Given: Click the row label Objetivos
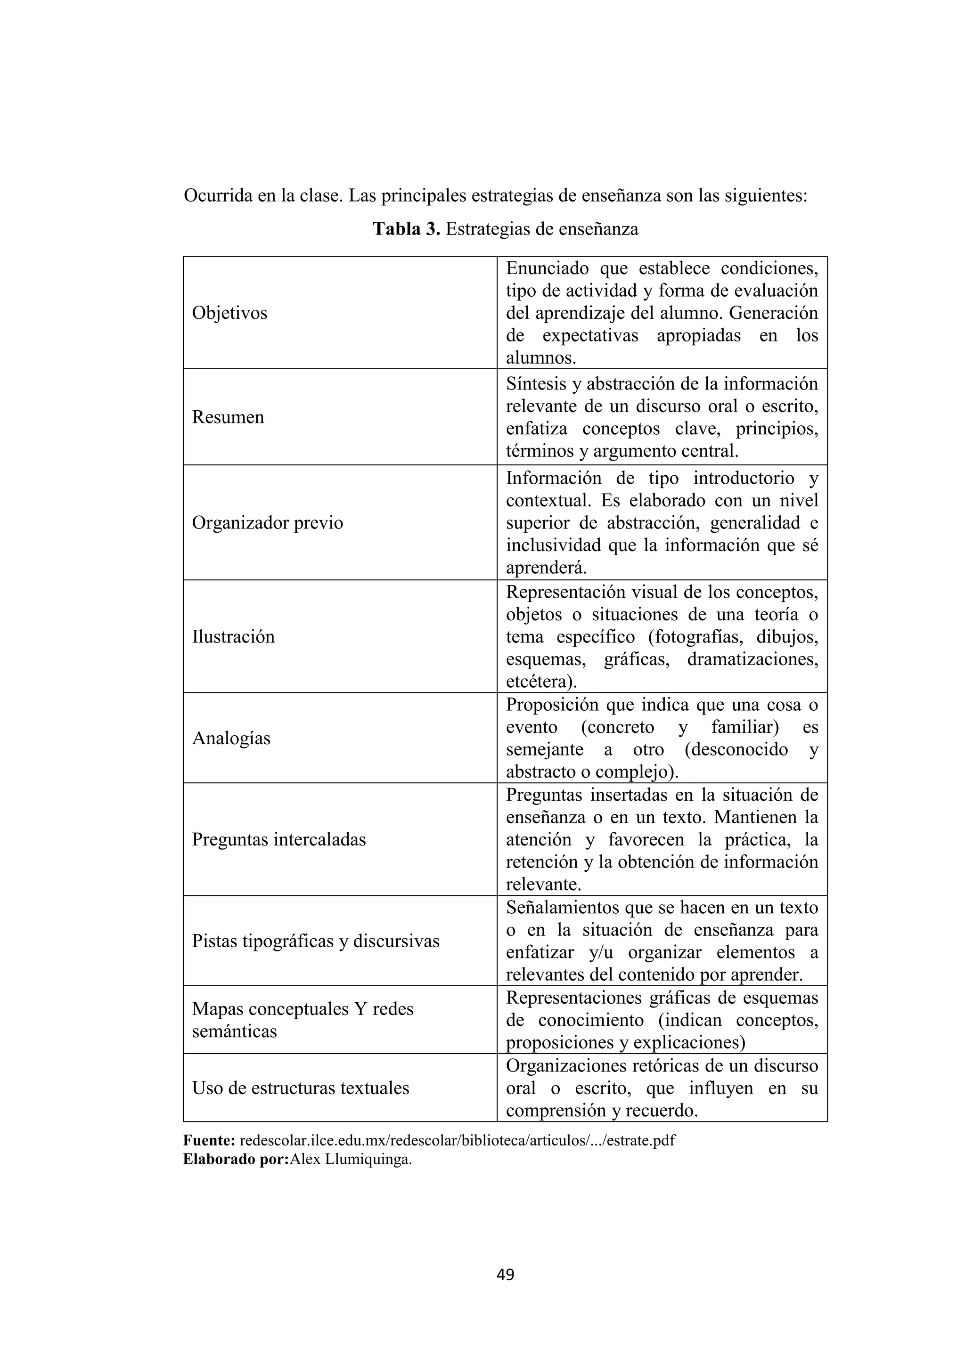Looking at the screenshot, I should [x=229, y=313].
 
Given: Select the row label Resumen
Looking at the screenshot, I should [x=228, y=417].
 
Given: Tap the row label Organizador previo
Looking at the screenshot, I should [x=267, y=523].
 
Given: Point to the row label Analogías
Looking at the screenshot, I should [x=231, y=738].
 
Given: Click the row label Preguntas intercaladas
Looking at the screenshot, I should [x=278, y=839].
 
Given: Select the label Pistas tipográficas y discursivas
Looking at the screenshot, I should [x=316, y=941].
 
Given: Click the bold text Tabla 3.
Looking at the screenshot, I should [x=407, y=229].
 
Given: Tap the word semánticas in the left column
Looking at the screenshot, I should [x=234, y=1031].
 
